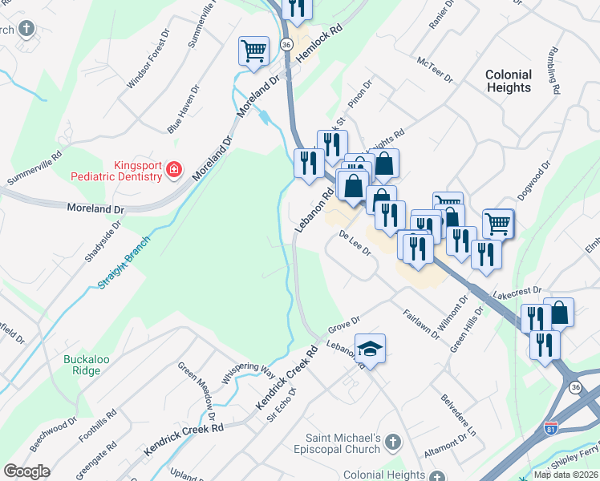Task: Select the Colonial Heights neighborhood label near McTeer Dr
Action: pos(509,81)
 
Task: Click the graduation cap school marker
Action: pos(370,349)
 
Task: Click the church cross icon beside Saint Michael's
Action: pos(393,442)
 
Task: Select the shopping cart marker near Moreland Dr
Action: pos(253,52)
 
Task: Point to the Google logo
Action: pos(26,471)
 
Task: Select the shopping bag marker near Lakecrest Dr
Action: pos(558,313)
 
